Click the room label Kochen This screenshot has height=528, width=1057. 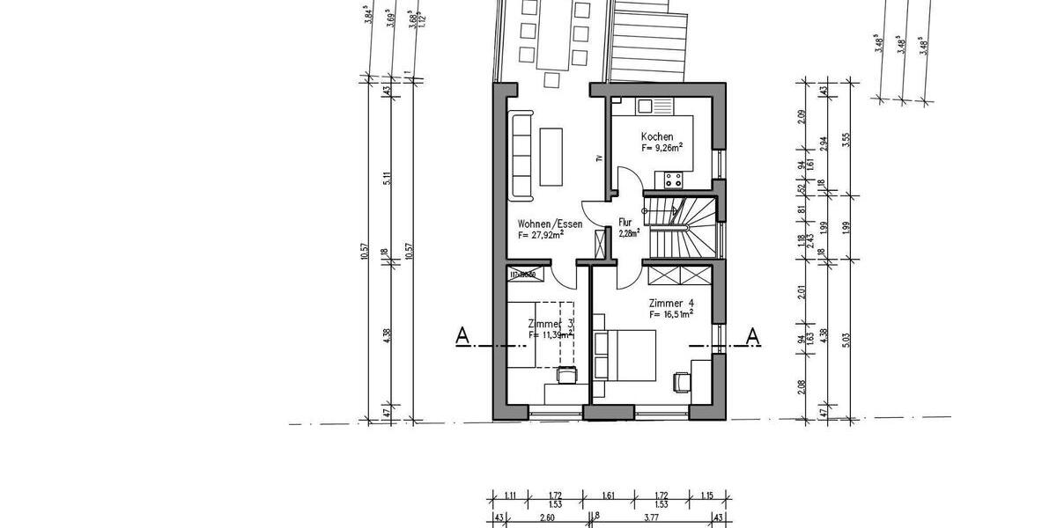657,136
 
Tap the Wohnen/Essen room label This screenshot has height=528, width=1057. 550,224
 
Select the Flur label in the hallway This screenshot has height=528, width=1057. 626,223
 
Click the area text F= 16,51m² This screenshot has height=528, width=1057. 671,312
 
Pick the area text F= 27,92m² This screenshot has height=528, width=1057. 541,236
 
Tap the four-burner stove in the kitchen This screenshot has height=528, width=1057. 675,180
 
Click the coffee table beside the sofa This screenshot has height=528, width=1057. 551,157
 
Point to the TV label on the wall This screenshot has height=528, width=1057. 598,159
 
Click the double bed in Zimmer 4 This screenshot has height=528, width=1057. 625,356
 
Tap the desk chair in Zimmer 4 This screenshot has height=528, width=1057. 680,382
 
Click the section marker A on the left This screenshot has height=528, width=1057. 461,335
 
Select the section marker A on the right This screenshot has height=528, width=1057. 753,335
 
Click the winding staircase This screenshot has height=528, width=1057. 682,224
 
